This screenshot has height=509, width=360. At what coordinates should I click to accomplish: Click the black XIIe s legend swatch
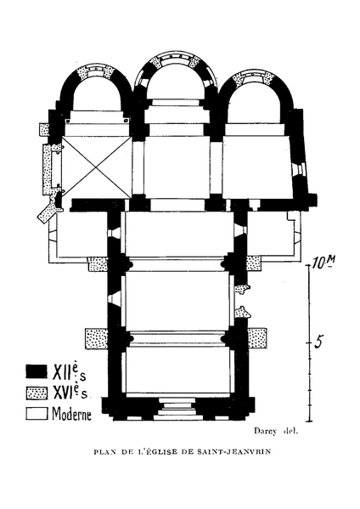[x=37, y=371]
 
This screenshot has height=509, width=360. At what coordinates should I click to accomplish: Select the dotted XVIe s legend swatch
[x=37, y=393]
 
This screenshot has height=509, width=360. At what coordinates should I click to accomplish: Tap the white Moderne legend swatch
[x=37, y=414]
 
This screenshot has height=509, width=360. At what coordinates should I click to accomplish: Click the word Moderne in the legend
[x=71, y=413]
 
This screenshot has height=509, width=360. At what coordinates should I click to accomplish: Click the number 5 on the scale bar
[x=319, y=342]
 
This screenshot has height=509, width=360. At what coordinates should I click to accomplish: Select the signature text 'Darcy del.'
[x=276, y=431]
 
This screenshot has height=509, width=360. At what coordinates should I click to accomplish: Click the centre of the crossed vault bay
[x=97, y=167]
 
